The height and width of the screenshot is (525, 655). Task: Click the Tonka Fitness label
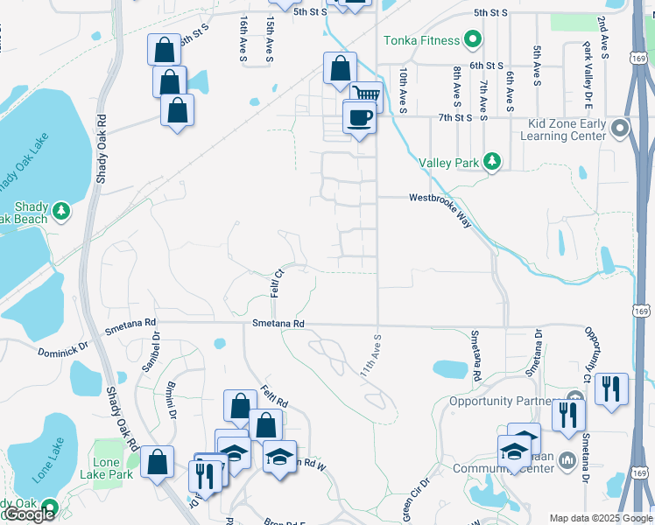tap(421, 40)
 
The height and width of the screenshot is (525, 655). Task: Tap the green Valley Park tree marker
tap(493, 161)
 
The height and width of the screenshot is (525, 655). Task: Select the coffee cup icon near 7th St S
tap(360, 116)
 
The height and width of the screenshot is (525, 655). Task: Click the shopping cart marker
tap(366, 93)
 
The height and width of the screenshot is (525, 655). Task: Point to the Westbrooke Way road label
tap(440, 210)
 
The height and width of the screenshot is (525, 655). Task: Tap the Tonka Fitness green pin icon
tap(473, 40)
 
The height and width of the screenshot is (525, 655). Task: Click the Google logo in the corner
tap(29, 514)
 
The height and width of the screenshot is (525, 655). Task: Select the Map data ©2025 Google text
tap(601, 518)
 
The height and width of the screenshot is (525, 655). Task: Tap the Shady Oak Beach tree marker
tap(60, 211)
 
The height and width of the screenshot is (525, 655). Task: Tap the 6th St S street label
tap(486, 66)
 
